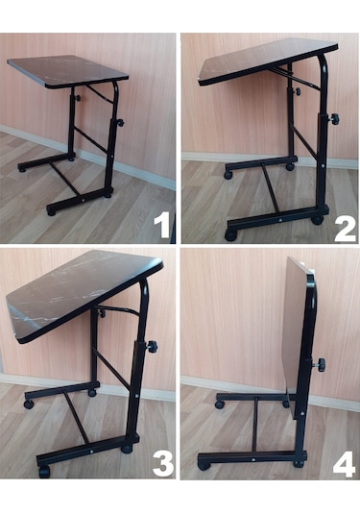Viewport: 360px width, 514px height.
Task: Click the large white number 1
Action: (162, 225)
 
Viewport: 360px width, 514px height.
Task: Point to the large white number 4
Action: (344, 464)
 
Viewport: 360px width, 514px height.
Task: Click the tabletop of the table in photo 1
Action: (67, 71)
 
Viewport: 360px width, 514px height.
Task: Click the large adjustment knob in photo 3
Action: (152, 346)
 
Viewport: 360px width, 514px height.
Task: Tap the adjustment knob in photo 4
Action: (321, 364)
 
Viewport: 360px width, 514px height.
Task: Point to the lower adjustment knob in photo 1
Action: (120, 123)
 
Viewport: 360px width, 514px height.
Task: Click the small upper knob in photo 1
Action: (78, 98)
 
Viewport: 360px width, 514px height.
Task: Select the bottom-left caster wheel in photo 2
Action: (230, 235)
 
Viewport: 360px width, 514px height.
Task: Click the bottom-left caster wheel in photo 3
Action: (44, 472)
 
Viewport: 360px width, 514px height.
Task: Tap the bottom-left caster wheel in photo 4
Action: (204, 465)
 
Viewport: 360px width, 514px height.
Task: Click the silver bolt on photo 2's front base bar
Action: (279, 220)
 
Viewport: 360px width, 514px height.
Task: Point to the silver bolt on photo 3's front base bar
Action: (92, 452)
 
